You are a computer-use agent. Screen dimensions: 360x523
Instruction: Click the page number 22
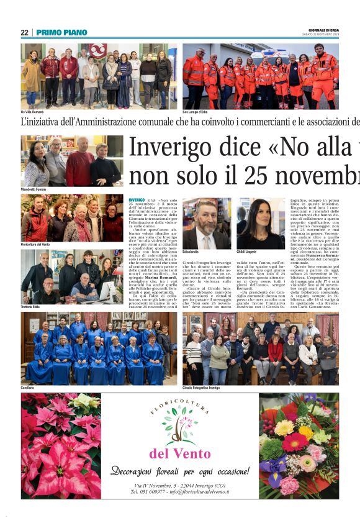pyautogui.click(x=24, y=32)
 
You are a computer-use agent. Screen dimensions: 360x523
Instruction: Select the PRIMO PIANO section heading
pyautogui.click(x=61, y=32)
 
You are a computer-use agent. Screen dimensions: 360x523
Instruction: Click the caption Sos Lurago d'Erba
pyautogui.click(x=195, y=112)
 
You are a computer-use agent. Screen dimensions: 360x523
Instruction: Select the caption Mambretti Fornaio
pyautogui.click(x=35, y=189)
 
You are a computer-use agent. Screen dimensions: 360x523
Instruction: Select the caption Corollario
pyautogui.click(x=29, y=387)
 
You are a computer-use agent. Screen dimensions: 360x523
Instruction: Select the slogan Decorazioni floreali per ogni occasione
pyautogui.click(x=180, y=471)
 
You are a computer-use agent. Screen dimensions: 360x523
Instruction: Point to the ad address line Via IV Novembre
pyautogui.click(x=179, y=484)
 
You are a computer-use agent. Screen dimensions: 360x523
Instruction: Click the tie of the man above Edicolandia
pyautogui.click(x=207, y=240)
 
